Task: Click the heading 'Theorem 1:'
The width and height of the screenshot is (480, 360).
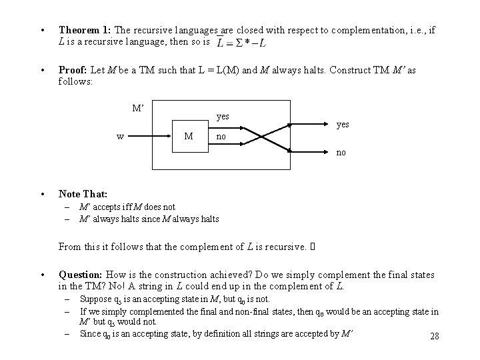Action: (85, 30)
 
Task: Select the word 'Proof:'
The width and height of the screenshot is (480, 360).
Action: (74, 69)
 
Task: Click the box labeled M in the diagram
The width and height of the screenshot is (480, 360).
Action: (189, 137)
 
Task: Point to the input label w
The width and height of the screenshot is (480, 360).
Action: (120, 137)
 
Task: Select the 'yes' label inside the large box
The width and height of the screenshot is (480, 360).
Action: (223, 116)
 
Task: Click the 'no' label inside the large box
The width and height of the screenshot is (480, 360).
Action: (221, 137)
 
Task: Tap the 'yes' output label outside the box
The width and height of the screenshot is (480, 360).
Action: (343, 124)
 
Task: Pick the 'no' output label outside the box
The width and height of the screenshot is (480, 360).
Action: (341, 153)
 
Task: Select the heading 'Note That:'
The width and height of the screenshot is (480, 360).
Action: (83, 194)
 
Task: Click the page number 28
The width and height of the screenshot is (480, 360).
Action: (435, 336)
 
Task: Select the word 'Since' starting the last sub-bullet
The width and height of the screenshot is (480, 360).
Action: (89, 333)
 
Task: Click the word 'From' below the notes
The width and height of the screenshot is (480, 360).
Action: (70, 247)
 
